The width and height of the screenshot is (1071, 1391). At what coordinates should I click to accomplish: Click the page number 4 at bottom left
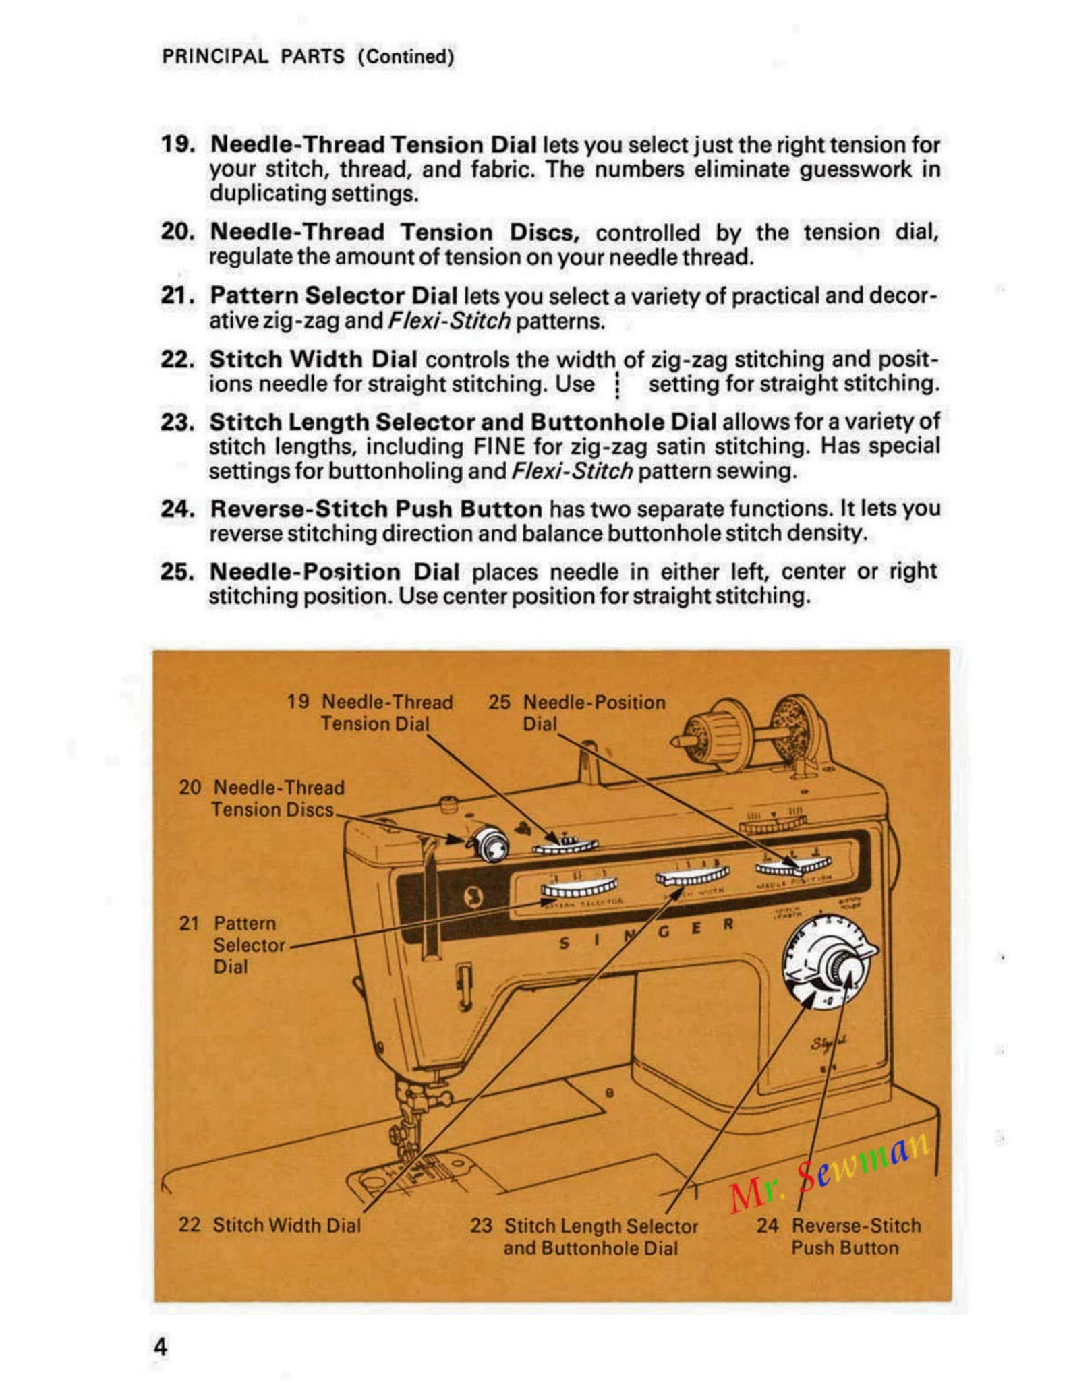coord(160,1346)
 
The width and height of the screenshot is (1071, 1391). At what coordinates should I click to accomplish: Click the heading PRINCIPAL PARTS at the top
coord(253,56)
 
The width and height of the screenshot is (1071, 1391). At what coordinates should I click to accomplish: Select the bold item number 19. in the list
coord(177,144)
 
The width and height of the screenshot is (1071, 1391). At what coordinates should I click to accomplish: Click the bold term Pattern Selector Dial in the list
coord(333,295)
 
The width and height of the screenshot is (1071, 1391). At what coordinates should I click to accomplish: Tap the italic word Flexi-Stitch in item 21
coord(449,321)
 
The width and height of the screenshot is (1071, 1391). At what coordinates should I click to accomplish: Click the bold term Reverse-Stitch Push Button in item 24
coord(376,509)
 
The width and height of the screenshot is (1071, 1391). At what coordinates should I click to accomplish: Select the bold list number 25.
coord(177,572)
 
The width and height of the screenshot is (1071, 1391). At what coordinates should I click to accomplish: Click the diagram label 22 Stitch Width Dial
coord(270,1225)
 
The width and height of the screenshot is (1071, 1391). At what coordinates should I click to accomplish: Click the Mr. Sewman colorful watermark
coord(830,1171)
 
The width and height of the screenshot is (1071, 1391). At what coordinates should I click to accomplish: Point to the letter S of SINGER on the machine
coord(564,945)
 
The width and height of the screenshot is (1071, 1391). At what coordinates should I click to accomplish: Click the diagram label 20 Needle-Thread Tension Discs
coord(262,798)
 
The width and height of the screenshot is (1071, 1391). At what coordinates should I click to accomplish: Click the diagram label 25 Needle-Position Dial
coord(577,713)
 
